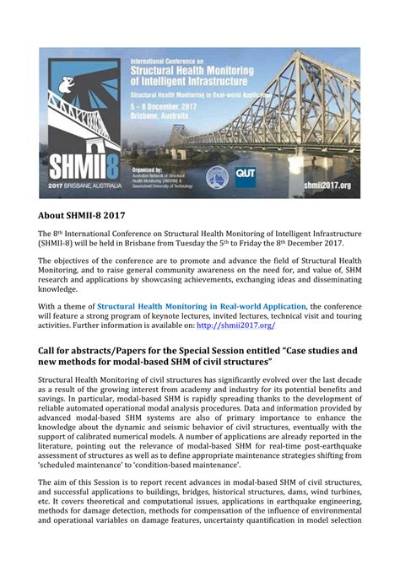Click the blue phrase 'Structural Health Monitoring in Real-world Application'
point(202,306)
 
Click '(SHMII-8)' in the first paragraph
point(64,243)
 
